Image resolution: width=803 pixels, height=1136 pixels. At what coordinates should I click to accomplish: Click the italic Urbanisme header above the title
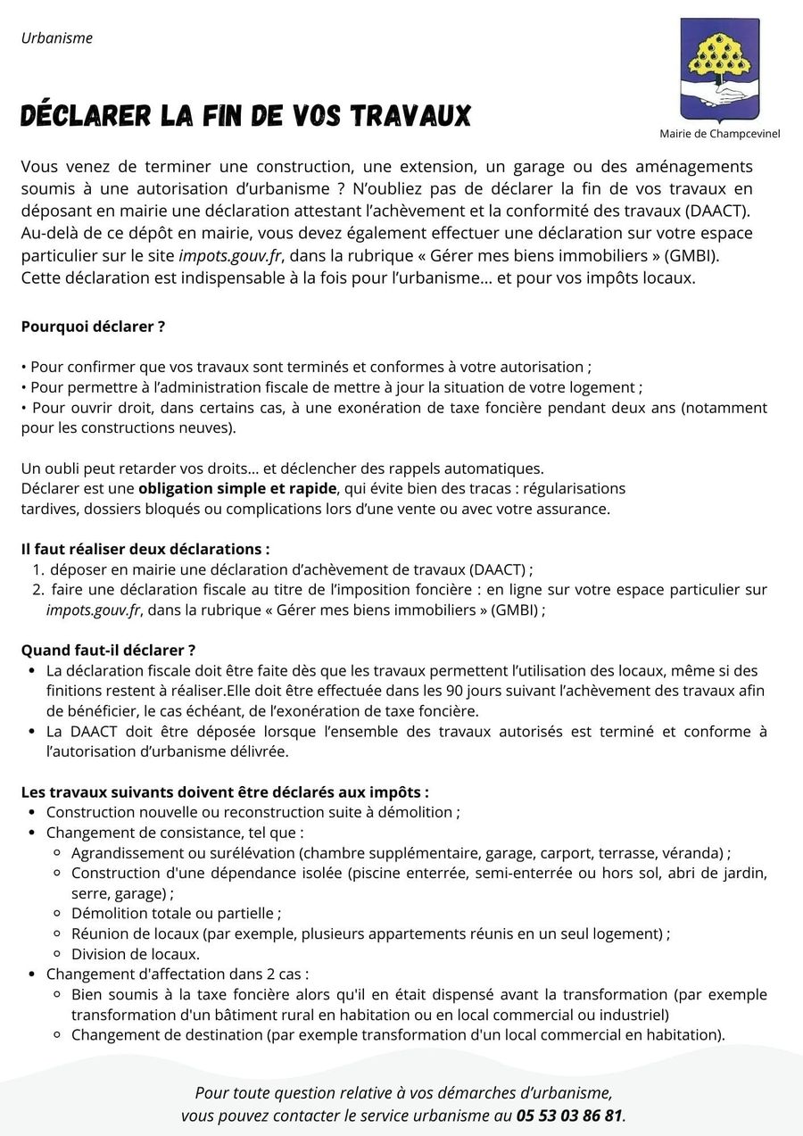57,38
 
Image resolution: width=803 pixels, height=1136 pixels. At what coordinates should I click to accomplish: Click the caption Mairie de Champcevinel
719,134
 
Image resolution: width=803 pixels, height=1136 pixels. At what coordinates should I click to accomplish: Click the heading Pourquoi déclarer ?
93,327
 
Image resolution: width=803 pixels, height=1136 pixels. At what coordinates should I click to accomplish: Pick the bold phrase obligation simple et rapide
237,488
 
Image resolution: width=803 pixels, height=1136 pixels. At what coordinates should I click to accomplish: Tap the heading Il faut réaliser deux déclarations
145,549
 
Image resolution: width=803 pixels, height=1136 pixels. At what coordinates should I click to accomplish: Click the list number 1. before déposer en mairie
38,569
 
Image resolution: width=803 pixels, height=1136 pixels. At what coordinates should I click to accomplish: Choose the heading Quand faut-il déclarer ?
108,650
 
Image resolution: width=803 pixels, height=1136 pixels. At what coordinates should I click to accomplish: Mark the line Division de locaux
135,954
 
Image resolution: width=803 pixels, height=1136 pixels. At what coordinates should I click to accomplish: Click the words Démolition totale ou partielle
176,913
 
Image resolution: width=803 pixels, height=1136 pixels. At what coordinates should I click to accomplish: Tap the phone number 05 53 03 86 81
569,1115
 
